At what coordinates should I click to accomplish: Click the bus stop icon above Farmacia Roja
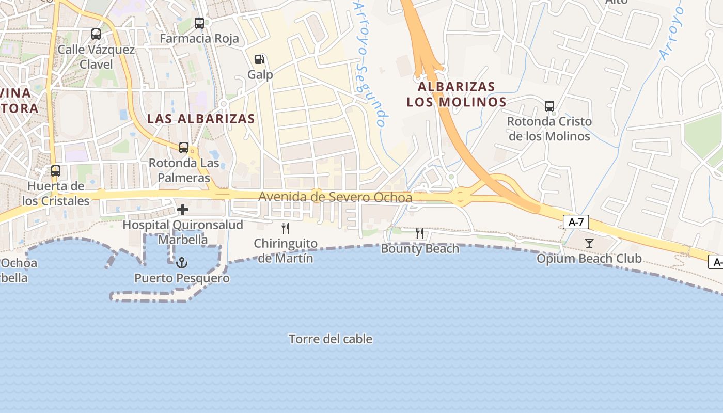click(199, 23)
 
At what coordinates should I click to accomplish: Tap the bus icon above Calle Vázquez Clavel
click(96, 34)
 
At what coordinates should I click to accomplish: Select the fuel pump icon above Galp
click(260, 59)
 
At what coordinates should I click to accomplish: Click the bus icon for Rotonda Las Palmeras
click(184, 148)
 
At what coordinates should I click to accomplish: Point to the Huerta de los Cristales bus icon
click(56, 171)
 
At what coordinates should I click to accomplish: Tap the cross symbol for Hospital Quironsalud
click(183, 210)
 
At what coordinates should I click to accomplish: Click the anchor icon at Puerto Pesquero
click(182, 263)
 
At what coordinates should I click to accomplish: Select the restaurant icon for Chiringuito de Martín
click(286, 228)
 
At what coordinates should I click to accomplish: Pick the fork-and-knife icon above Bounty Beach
click(420, 233)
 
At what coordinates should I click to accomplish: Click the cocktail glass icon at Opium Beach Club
click(589, 243)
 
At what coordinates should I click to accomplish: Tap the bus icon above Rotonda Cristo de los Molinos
click(549, 106)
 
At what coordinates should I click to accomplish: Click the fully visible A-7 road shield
click(576, 223)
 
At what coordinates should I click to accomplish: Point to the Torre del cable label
click(331, 339)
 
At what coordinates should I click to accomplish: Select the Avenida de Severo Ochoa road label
click(335, 197)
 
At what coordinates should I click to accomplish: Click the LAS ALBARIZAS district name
click(201, 118)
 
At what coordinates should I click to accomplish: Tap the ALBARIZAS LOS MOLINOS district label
click(457, 94)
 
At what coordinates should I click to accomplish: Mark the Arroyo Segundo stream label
click(370, 65)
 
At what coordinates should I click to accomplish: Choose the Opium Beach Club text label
click(589, 259)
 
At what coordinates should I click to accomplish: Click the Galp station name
click(260, 74)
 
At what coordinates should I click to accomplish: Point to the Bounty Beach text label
click(420, 249)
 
